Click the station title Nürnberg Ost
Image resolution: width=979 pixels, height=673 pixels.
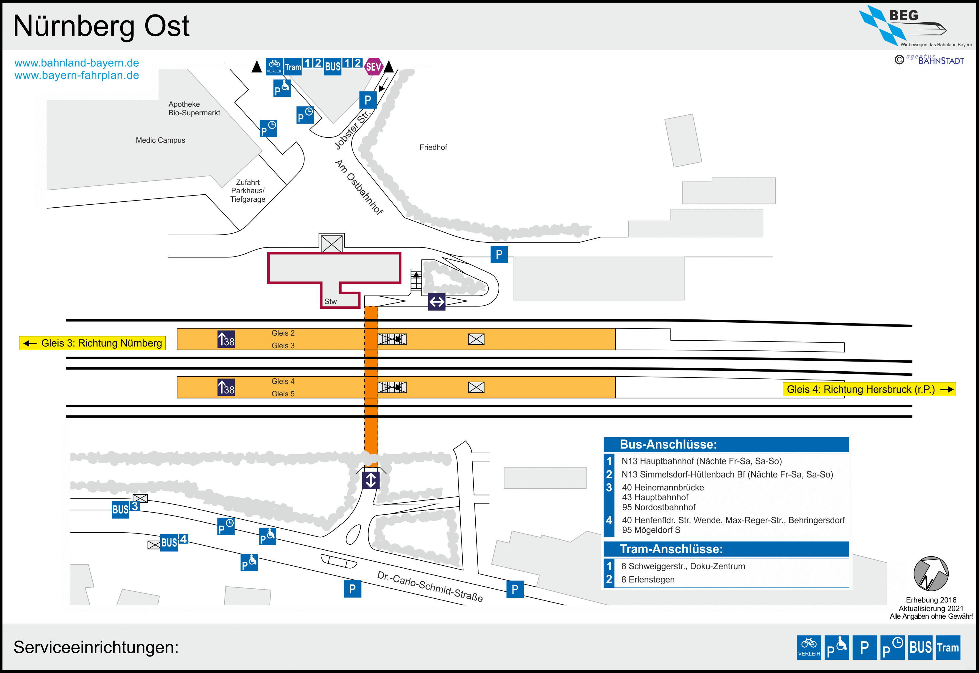point(101,26)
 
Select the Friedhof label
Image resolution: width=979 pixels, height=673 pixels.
point(433,147)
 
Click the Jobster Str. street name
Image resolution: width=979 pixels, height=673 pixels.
point(352,129)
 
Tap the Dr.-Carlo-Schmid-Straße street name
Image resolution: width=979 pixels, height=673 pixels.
point(430,586)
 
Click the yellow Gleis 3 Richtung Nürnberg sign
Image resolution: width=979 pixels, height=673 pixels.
point(93,343)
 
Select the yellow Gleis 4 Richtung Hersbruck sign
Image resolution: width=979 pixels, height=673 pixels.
point(868,389)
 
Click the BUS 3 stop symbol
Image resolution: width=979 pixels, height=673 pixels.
point(125,508)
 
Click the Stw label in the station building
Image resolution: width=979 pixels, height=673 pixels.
point(330,301)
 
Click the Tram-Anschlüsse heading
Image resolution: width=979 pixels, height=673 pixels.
point(671,549)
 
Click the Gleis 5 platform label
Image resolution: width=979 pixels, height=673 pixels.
point(283,394)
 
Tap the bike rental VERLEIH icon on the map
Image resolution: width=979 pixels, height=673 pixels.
point(274,66)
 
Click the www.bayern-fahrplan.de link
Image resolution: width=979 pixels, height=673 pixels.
point(77,75)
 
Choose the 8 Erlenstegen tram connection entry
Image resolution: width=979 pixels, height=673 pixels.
point(647,580)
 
